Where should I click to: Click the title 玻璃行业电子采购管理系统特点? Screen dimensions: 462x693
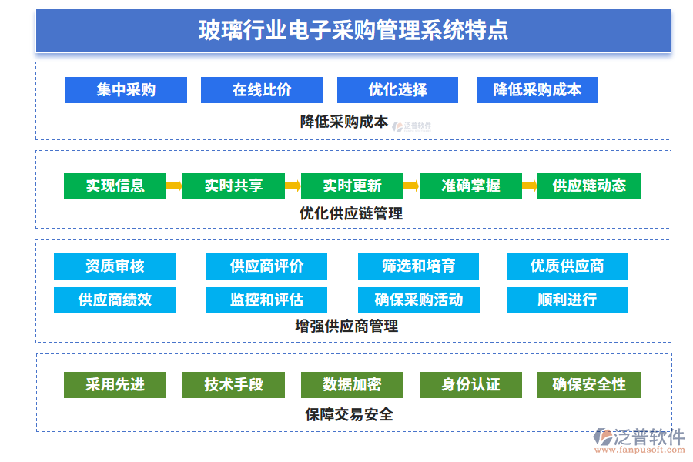coord(353,31)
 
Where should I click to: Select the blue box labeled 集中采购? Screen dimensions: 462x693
coord(126,90)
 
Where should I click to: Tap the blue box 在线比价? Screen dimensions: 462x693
coord(262,90)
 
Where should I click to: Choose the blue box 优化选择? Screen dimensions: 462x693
coord(397,90)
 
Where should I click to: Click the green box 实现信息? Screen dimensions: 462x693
coord(115,186)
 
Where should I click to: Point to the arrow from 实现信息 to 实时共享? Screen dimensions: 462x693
coord(174,186)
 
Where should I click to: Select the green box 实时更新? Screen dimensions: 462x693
coord(352,186)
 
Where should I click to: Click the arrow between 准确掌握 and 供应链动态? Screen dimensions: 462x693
coord(529,186)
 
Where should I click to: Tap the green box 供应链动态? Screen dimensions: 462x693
coord(589,186)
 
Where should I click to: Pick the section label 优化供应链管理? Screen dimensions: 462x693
coord(351,213)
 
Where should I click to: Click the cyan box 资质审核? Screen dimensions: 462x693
coord(115,266)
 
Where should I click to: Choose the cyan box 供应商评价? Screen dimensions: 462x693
coord(266,266)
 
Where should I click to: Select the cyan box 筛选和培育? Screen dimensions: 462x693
coord(418,266)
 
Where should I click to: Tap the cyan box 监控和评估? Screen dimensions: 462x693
coord(266,300)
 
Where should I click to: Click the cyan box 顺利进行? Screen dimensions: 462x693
coord(567,300)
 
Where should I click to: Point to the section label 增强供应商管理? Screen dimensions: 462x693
coord(346,326)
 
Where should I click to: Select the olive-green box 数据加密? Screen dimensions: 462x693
coord(352,384)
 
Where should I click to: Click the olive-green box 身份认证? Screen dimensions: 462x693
coord(470,384)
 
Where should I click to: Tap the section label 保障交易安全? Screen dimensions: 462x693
coord(349,414)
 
